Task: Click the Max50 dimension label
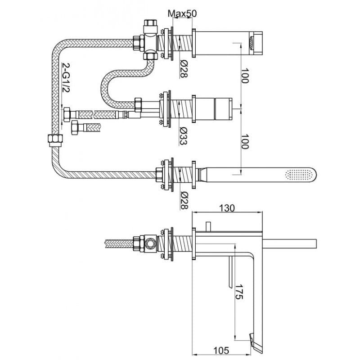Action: click(x=182, y=14)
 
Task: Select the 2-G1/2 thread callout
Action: click(x=66, y=78)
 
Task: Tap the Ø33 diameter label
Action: click(x=184, y=136)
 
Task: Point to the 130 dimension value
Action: click(x=227, y=208)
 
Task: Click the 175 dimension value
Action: click(x=239, y=292)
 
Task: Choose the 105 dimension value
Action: click(x=221, y=351)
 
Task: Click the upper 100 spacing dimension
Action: click(x=245, y=76)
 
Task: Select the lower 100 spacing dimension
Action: click(x=245, y=142)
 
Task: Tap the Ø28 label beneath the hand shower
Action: click(x=184, y=200)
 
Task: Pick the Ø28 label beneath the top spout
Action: click(x=184, y=68)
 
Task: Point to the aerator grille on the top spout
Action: click(x=252, y=43)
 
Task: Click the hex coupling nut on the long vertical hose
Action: click(x=55, y=140)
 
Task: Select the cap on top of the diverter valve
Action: click(x=150, y=26)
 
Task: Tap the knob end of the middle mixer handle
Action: click(x=223, y=109)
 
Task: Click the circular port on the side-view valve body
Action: click(x=150, y=243)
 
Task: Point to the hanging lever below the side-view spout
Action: click(x=231, y=272)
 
